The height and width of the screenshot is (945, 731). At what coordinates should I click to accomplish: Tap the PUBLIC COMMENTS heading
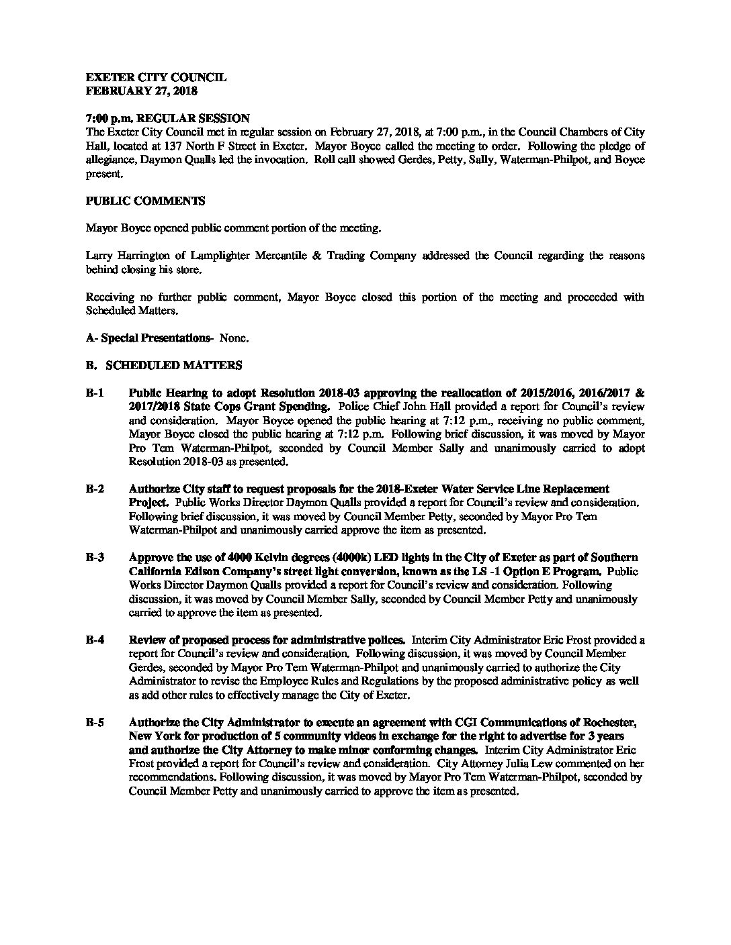[x=146, y=201]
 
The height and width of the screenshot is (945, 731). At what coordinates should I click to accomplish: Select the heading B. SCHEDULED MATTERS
[x=164, y=366]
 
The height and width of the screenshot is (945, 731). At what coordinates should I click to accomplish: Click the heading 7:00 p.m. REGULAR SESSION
[x=168, y=118]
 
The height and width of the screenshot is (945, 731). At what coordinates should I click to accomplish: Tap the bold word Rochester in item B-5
[x=611, y=723]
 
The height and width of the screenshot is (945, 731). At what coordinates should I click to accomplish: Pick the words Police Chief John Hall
[x=385, y=407]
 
